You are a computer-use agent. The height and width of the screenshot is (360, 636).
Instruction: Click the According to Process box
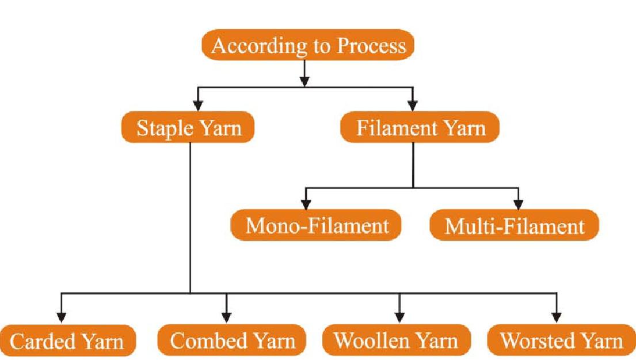pyautogui.click(x=308, y=44)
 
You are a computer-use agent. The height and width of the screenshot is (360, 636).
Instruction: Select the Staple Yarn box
pyautogui.click(x=188, y=128)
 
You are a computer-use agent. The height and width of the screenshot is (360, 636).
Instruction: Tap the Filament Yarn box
pyautogui.click(x=420, y=128)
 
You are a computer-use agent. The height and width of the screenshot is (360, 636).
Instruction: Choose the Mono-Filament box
pyautogui.click(x=317, y=225)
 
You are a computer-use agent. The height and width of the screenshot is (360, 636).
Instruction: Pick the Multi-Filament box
pyautogui.click(x=515, y=225)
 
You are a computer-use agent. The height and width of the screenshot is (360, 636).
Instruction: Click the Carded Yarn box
pyautogui.click(x=67, y=341)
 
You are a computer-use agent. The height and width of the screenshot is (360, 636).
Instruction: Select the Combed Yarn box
pyautogui.click(x=233, y=340)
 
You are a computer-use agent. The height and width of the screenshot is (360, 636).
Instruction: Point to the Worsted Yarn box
pyautogui.click(x=561, y=340)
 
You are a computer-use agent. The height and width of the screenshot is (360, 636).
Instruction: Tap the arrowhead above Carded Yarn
pyautogui.click(x=61, y=316)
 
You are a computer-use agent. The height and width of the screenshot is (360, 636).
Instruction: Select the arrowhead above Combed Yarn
pyautogui.click(x=226, y=316)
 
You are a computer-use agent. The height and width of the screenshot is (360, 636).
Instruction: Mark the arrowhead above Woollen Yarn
pyautogui.click(x=399, y=316)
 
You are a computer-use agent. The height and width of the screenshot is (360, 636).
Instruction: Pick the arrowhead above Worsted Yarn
pyautogui.click(x=556, y=316)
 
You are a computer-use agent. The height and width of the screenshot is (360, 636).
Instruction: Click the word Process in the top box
pyautogui.click(x=371, y=46)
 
